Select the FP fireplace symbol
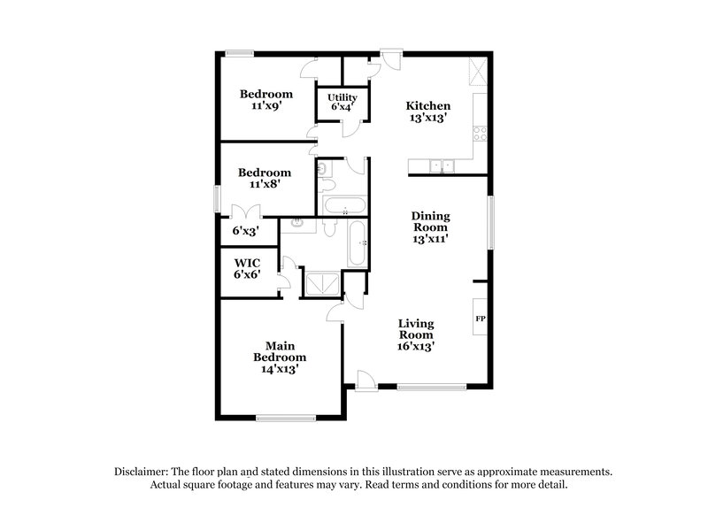[x=481, y=318]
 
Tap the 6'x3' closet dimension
[x=245, y=230]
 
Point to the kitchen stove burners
[x=479, y=135]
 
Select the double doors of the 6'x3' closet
[x=244, y=211]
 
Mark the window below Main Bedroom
[x=281, y=418]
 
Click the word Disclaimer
[x=143, y=472]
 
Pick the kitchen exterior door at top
[x=389, y=58]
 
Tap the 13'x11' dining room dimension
[x=428, y=239]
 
